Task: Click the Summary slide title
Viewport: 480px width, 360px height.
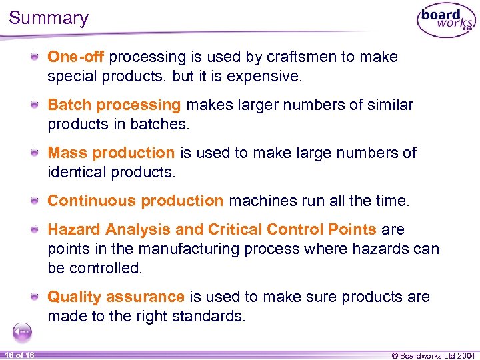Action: click(x=49, y=17)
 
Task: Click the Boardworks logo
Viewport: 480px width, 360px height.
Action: click(x=446, y=21)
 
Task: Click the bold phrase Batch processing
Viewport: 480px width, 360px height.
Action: click(x=114, y=105)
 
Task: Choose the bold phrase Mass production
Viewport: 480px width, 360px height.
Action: click(x=111, y=153)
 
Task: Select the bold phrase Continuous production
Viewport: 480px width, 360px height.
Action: click(x=135, y=201)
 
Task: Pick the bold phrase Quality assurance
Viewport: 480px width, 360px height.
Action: click(x=115, y=297)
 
